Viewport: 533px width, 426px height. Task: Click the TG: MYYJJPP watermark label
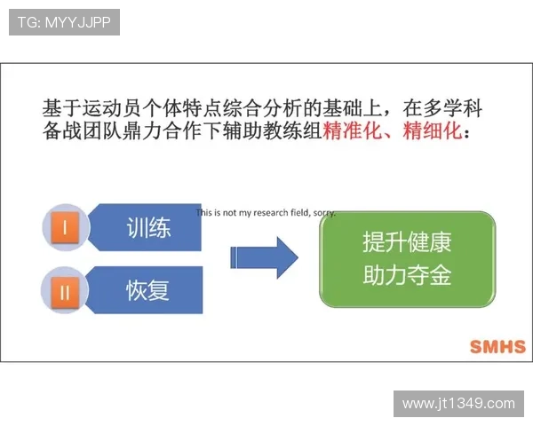coord(63,22)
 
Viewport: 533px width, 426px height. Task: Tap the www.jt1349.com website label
coord(457,403)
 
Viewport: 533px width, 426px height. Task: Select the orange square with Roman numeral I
coord(65,228)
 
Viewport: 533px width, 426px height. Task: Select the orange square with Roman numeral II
coord(65,289)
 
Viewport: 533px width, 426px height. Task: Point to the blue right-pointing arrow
coord(264,257)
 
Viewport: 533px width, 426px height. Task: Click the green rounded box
coord(407,259)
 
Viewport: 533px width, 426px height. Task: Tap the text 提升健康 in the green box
coord(407,242)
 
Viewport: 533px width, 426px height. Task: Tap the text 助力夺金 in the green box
coord(407,276)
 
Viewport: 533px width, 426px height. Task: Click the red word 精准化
coord(354,133)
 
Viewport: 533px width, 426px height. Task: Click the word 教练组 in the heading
coord(297,133)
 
